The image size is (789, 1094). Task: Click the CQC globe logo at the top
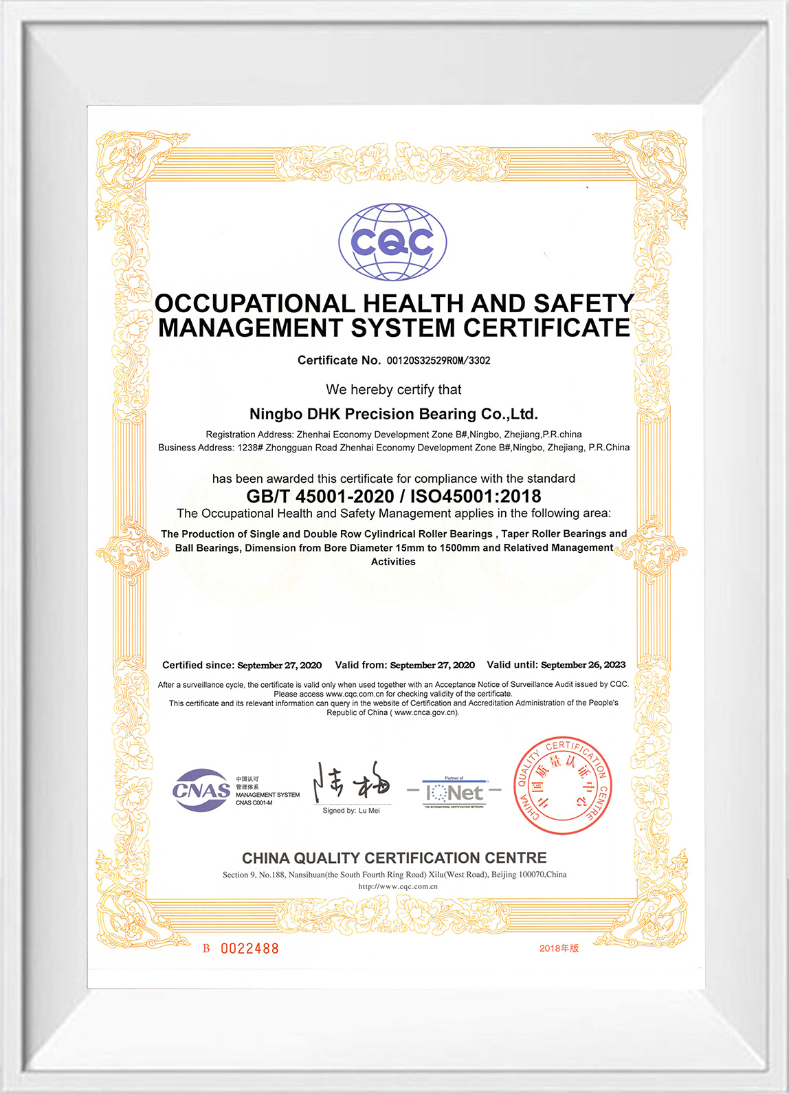(392, 242)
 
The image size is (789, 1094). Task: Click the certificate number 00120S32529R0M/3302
(438, 360)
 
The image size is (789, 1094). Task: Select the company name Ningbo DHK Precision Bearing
(393, 414)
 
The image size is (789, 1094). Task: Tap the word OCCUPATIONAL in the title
(254, 303)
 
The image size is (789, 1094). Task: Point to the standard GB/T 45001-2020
(320, 496)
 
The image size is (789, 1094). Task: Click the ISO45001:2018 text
(475, 496)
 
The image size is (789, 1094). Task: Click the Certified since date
(279, 665)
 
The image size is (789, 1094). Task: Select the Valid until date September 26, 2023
(583, 665)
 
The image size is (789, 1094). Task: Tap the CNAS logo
(201, 790)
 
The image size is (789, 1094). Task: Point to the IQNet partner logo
(454, 793)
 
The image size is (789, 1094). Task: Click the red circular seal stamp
(562, 785)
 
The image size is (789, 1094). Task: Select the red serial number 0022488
(249, 949)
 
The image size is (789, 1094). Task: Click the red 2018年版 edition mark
(559, 948)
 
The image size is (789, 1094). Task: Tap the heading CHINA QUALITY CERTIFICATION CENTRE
(394, 858)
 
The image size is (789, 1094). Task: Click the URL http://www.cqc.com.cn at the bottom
(398, 886)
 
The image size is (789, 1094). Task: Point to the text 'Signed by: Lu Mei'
(351, 811)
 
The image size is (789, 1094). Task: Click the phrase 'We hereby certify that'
(394, 390)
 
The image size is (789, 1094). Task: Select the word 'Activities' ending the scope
(393, 562)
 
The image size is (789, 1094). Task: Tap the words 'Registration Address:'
(250, 435)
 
